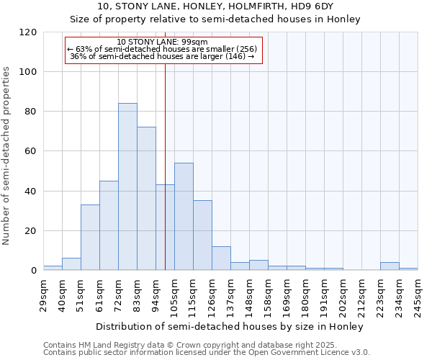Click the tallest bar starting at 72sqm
coord(127,187)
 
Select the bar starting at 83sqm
coord(146,199)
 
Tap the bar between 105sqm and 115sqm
coord(184,217)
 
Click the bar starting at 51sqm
coord(90,238)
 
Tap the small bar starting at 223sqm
coord(390,266)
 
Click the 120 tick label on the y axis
coord(27,32)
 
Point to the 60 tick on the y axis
coord(30,151)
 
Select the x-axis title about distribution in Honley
coord(230,326)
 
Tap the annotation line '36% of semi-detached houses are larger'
coord(163,57)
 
